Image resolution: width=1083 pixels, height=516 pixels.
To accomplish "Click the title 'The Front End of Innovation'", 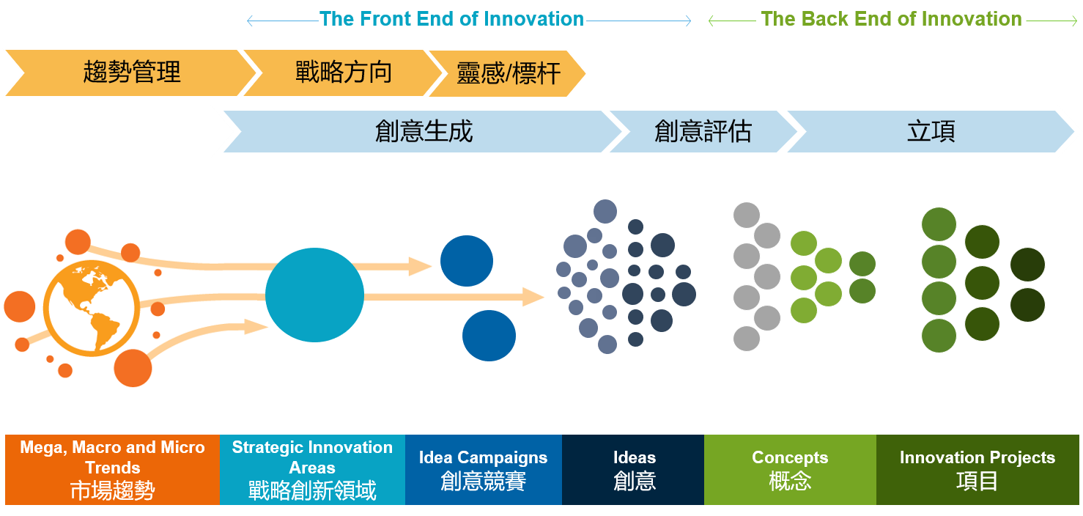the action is (x=451, y=19).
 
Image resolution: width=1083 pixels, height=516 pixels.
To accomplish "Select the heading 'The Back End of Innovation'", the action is (x=891, y=19).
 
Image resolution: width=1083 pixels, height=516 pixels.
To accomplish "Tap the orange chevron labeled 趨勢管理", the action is (x=131, y=73).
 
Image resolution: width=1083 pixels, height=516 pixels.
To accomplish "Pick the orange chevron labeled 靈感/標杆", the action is (x=508, y=73).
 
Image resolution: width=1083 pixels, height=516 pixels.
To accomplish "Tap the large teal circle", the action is (x=315, y=295).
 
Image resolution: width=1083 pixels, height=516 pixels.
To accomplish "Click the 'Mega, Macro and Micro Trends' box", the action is (x=112, y=470).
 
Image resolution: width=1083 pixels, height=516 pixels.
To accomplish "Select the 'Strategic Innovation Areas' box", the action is (x=312, y=470).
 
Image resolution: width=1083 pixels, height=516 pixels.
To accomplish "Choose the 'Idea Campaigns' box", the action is (x=484, y=470).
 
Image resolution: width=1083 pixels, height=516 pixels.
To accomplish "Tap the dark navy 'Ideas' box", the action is (x=633, y=470).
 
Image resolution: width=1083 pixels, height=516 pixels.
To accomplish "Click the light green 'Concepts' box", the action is (x=790, y=470).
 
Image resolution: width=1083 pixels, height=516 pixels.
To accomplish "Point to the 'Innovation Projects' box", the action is (x=977, y=470).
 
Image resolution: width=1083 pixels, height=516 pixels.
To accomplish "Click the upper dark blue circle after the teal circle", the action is (x=467, y=261).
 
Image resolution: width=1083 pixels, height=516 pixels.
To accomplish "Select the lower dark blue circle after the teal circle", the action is (x=489, y=336).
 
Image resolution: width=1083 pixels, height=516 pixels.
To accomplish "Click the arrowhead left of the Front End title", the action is (x=249, y=21).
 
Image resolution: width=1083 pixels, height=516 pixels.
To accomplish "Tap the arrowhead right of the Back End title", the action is (x=1074, y=21).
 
